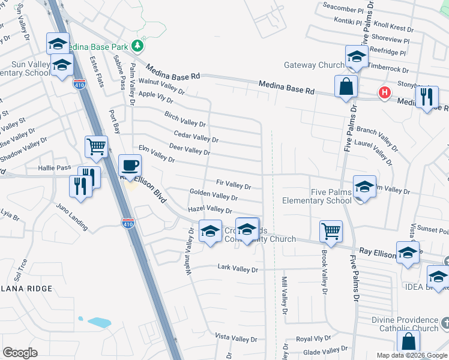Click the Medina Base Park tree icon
(138, 45)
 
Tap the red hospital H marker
(384, 92)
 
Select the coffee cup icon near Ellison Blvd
(130, 165)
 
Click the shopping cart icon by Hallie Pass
(96, 146)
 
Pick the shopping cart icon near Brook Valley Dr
(331, 230)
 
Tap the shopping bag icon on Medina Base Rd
(346, 86)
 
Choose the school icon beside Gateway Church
(357, 56)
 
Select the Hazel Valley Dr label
(209, 209)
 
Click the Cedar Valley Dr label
(196, 137)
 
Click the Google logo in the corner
(20, 352)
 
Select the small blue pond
(99, 322)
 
